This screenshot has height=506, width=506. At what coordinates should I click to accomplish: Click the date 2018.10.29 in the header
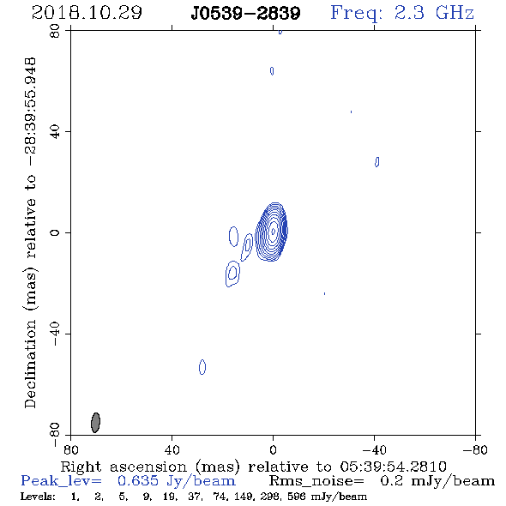click(87, 13)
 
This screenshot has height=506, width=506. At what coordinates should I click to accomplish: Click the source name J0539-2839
click(245, 14)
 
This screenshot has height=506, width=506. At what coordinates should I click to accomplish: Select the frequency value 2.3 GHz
click(434, 13)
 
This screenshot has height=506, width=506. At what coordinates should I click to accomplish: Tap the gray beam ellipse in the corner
click(95, 423)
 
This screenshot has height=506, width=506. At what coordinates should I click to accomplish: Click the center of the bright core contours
click(273, 231)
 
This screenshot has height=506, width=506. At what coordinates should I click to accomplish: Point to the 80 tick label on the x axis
click(70, 449)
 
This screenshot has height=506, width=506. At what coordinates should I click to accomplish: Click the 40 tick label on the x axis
click(172, 449)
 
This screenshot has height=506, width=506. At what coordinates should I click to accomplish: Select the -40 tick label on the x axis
click(375, 449)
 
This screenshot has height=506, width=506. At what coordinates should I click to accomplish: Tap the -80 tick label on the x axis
click(475, 449)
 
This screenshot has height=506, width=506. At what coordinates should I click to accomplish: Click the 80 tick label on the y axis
click(55, 31)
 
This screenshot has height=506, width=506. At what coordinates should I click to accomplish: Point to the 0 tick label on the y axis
click(55, 232)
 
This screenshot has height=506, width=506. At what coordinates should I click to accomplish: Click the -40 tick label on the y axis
click(55, 334)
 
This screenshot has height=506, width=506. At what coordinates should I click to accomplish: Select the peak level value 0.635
click(138, 481)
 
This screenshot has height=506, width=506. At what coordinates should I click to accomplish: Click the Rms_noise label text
click(316, 481)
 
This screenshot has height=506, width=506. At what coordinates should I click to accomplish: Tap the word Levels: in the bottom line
click(38, 497)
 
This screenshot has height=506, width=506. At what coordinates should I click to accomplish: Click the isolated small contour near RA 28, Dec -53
click(202, 367)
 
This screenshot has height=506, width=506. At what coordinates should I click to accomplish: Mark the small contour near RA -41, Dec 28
click(376, 162)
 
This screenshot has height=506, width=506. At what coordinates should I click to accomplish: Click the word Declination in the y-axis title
click(30, 364)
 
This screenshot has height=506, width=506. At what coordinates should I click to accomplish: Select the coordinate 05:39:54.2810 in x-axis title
click(394, 467)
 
